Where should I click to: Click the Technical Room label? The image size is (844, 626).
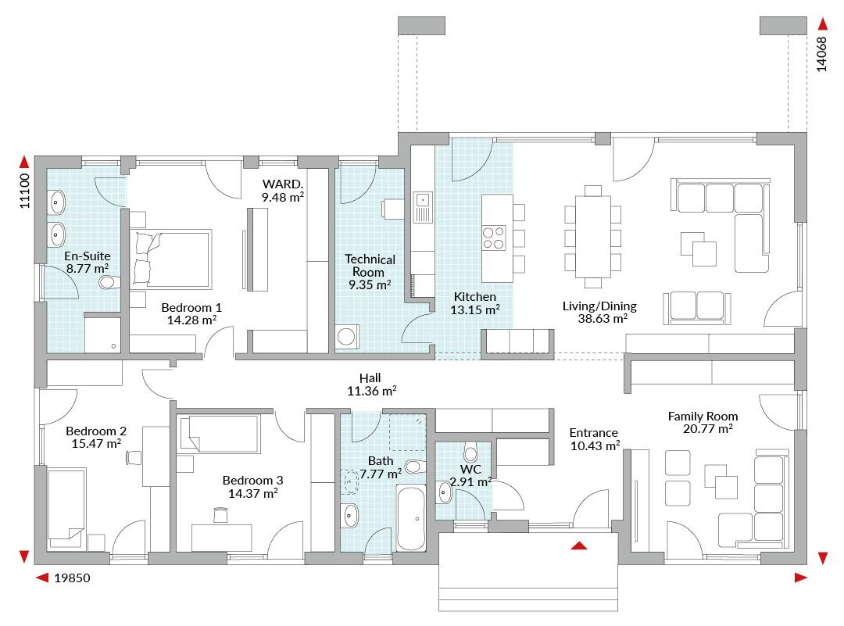pos(370,266)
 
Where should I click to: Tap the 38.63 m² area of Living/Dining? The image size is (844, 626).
pos(603,319)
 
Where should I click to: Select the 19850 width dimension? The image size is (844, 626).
pos(72,578)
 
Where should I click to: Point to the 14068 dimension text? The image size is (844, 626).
pos(821,55)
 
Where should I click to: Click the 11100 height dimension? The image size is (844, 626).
pos(24,191)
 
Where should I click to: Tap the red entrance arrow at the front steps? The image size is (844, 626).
pos(579,546)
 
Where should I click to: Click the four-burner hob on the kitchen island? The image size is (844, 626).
pos(494,238)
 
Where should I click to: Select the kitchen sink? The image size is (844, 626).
pos(423,207)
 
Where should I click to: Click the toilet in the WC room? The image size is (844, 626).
pos(471,452)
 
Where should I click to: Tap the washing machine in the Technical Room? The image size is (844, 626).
pos(346,337)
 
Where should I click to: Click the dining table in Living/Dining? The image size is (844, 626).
pos(592,237)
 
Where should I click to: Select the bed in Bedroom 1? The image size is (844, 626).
pos(172,259)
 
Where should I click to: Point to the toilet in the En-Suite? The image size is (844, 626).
pos(109,282)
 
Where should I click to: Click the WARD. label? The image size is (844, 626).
pos(283,184)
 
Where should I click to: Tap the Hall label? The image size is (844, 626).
pos(370,378)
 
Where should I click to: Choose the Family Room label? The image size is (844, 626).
pos(703,416)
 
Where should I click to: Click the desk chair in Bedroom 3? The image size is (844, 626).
pos(220,514)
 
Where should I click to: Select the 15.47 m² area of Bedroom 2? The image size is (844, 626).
pos(96,444)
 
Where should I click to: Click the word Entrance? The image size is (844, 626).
pos(594,433)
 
